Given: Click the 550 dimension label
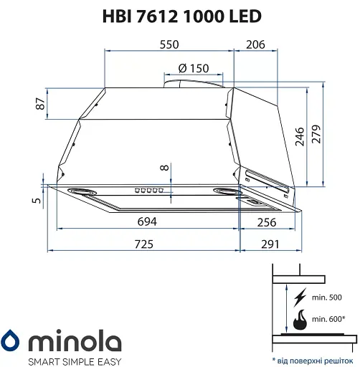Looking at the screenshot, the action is [x=169, y=44].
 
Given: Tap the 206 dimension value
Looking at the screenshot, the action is [x=255, y=44].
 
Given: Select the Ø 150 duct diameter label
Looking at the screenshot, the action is [x=194, y=68].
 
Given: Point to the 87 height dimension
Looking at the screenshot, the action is [x=40, y=104].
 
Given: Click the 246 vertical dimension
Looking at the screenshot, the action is [x=300, y=137].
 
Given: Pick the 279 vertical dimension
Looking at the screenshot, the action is [x=316, y=134].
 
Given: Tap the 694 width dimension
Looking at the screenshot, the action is [x=147, y=221].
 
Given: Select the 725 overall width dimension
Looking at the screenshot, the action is [x=144, y=244].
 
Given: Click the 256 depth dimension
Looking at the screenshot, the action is [x=267, y=222].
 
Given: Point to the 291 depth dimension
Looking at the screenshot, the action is [x=270, y=244].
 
